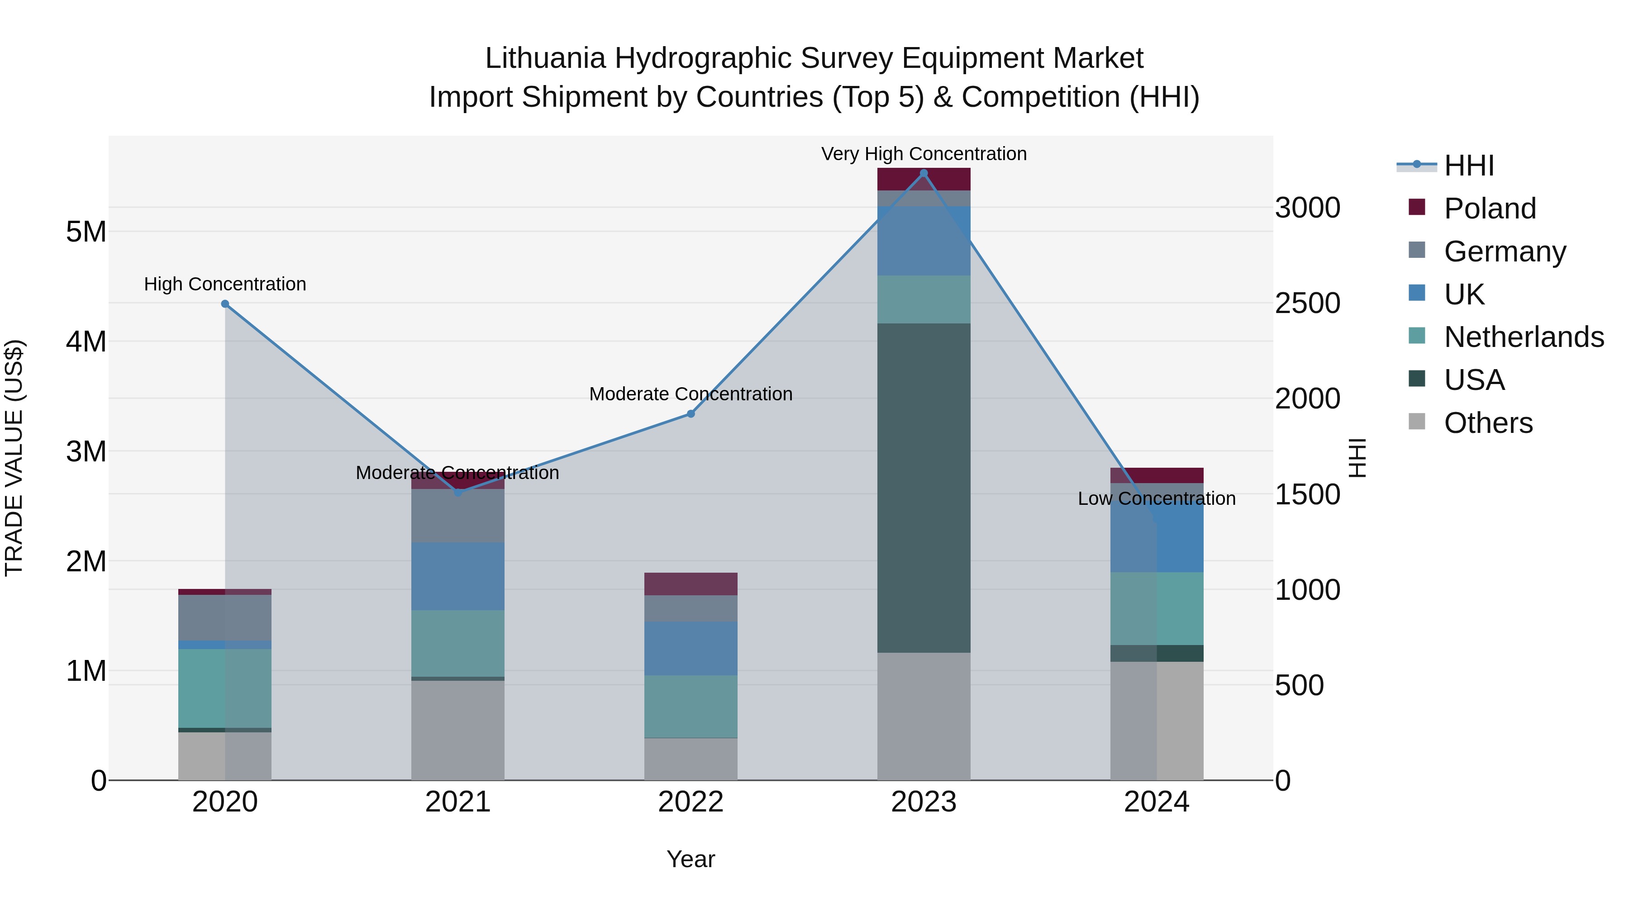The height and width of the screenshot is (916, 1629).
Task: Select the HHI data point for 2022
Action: click(x=691, y=414)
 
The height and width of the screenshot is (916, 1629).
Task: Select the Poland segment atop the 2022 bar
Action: click(x=691, y=584)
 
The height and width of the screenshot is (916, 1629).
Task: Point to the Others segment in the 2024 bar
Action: click(x=1157, y=721)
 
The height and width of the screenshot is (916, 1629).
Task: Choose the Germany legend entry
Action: click(x=1505, y=252)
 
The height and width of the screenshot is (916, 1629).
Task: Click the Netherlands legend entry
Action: click(x=1524, y=337)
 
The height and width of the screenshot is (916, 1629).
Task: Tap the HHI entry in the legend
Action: click(x=1468, y=166)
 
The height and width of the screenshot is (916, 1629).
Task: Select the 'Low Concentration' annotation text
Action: click(x=1157, y=499)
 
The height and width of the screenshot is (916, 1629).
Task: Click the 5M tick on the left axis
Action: click(x=86, y=232)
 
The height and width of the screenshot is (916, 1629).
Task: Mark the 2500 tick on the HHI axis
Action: click(x=1307, y=304)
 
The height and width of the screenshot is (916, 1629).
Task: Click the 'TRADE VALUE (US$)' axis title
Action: click(x=14, y=458)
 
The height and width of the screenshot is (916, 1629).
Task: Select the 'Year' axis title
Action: click(x=691, y=860)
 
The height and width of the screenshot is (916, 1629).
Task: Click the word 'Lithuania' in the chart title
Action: click(x=545, y=59)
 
